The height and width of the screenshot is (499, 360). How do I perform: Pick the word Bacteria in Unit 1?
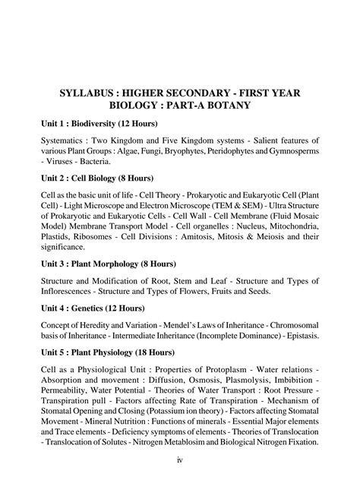pyautogui.click(x=94, y=161)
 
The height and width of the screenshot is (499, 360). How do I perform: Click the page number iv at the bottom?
pyautogui.click(x=180, y=481)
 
